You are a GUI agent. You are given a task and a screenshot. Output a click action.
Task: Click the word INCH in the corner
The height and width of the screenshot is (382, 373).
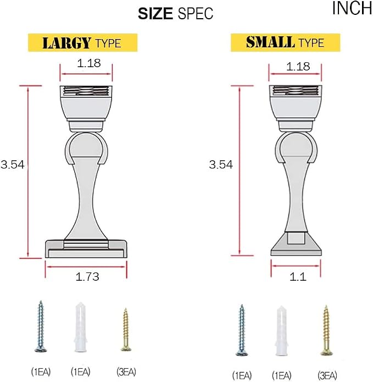(x=352, y=8)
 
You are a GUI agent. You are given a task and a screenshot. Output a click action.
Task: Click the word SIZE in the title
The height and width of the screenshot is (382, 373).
(x=155, y=13)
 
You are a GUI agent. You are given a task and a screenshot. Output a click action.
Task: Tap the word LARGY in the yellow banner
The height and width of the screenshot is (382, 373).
(x=67, y=43)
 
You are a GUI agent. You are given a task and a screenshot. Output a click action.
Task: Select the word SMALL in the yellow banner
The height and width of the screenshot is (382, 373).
(x=270, y=42)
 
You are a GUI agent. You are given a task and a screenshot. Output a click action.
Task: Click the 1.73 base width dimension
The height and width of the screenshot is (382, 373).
(x=87, y=277)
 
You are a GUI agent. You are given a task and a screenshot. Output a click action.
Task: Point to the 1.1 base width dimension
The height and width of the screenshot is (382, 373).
(x=298, y=277)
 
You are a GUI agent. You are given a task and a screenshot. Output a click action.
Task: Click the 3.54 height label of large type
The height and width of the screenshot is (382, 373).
(x=13, y=165)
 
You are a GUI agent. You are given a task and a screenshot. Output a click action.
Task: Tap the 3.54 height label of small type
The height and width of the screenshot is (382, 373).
(x=221, y=165)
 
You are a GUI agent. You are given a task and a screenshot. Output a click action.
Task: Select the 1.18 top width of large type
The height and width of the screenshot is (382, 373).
(x=89, y=63)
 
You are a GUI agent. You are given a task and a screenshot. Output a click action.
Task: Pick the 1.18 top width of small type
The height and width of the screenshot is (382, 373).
(x=298, y=66)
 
